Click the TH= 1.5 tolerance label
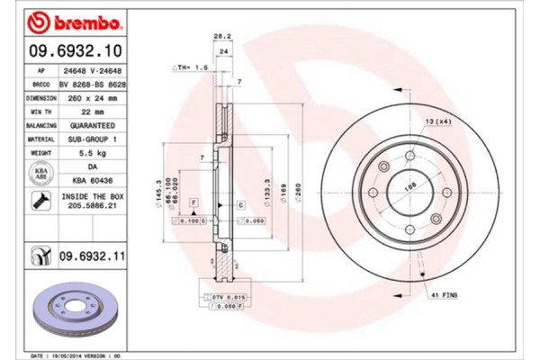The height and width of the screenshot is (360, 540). point(190,67)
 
